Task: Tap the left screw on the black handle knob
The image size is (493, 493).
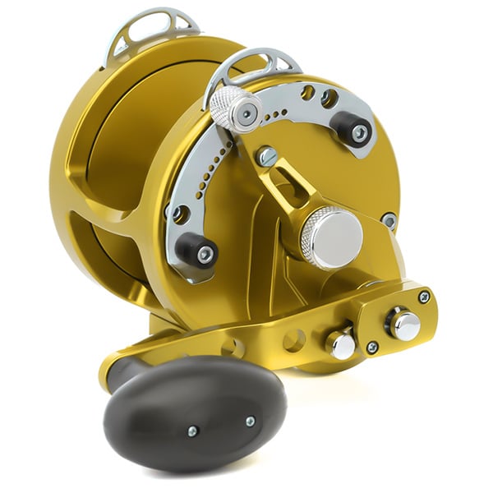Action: [x=191, y=431]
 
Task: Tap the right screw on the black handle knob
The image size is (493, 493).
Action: [x=250, y=422]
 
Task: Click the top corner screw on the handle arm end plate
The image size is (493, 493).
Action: [x=424, y=297]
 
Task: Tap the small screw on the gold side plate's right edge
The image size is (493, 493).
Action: [x=389, y=219]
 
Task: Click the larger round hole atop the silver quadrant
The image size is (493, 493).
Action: [x=329, y=99]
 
